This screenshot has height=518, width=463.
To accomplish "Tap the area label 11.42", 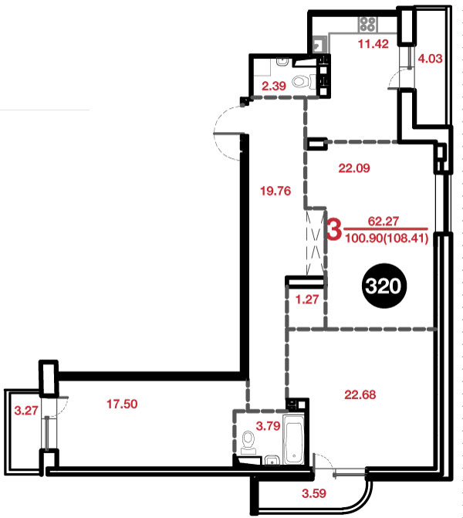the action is click(373, 43).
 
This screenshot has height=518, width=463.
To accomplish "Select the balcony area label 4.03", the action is click(430, 59).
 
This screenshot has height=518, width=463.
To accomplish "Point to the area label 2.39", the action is click(274, 86).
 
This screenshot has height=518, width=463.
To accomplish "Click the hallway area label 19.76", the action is click(275, 191).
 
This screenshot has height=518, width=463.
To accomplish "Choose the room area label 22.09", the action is click(354, 168).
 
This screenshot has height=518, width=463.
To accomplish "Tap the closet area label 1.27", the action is click(307, 300).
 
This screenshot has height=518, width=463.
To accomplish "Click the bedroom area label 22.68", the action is click(360, 394).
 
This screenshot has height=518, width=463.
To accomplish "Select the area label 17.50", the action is click(122, 404).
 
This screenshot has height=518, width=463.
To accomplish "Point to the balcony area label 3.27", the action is click(26, 411).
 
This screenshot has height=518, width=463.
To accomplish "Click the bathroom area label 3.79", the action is click(269, 426).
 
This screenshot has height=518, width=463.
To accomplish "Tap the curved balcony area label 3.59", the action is click(314, 493).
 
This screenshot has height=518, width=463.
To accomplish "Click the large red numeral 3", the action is click(334, 229).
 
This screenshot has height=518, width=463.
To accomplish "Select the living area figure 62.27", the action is click(384, 221).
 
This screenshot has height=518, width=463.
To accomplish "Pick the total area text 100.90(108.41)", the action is click(387, 238).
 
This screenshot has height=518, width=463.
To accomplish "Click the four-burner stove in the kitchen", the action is click(367, 24).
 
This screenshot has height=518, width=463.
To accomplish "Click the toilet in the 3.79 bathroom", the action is click(248, 443).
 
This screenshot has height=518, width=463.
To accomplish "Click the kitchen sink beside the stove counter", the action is click(319, 44).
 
